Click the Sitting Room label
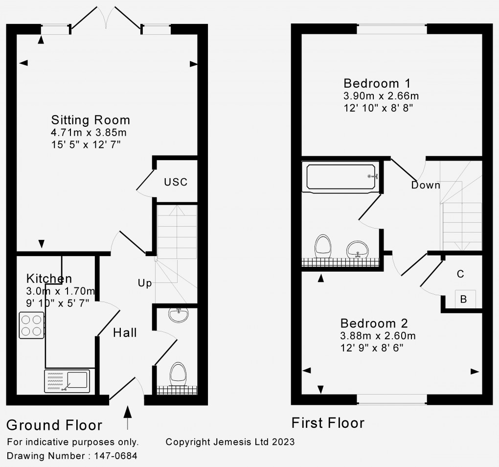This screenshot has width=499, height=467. point(91,120)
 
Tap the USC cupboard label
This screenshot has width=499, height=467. point(176,182)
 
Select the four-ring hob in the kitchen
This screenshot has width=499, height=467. point(31,326)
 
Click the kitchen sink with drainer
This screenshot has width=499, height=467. point(68,381)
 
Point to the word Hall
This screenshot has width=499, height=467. point(125,333)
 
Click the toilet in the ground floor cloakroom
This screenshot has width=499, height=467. point(178,374)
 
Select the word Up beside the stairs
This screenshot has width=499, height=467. point(144,283)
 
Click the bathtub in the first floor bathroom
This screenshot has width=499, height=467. point(341,177)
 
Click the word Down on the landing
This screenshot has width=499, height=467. point(425,186)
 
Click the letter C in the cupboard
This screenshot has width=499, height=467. point(460,274)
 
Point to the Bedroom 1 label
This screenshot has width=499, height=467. point(376,83)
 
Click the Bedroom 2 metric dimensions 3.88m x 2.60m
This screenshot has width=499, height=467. point(378,336)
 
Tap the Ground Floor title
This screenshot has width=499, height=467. point(54,425)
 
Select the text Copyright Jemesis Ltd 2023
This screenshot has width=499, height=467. point(230,442)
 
